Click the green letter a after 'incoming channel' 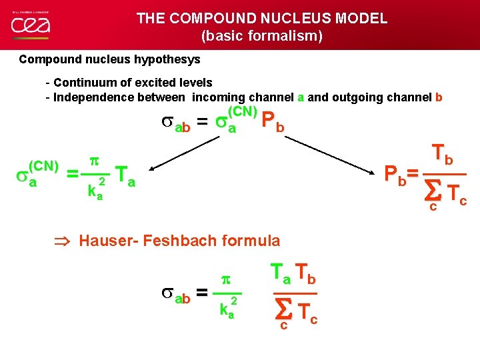[301, 97]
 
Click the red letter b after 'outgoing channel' [438, 97]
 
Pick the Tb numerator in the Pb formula [443, 155]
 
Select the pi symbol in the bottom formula [225, 279]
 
